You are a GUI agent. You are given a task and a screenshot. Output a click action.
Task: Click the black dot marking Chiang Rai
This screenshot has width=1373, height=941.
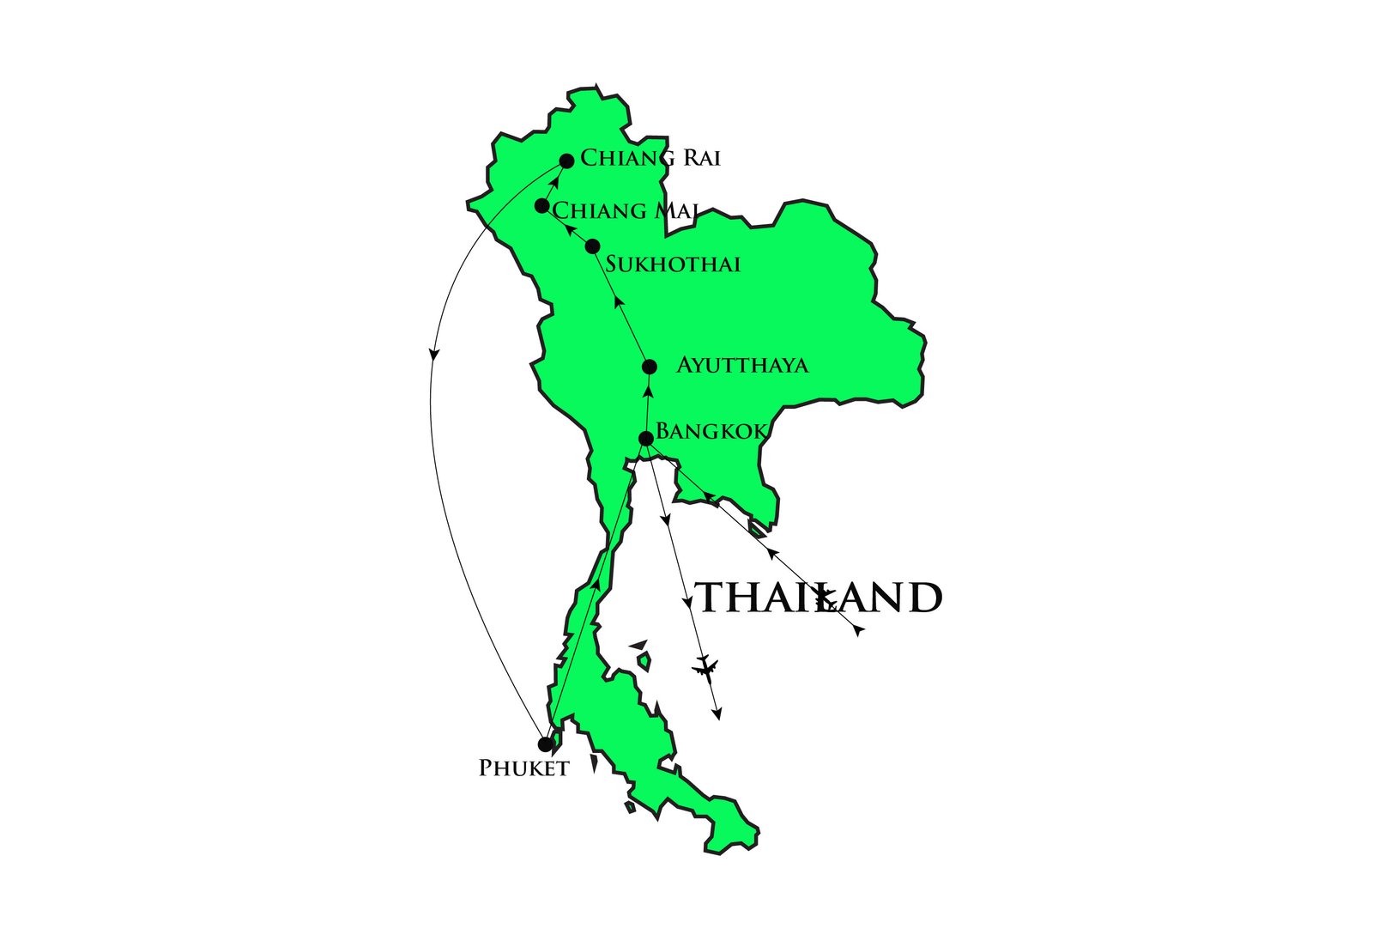click(566, 161)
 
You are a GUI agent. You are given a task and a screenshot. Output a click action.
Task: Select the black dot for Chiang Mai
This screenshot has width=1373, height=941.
click(541, 206)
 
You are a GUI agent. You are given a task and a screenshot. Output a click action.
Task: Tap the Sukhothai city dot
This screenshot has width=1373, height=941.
click(592, 246)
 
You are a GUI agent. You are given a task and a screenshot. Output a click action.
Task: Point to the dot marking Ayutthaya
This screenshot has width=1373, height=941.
click(650, 367)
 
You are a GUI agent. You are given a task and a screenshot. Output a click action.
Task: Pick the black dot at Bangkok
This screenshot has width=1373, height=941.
click(646, 439)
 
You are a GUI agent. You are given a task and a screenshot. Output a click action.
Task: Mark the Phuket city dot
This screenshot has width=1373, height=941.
click(545, 744)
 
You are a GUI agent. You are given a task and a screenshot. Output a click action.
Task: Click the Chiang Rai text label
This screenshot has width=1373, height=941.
click(650, 158)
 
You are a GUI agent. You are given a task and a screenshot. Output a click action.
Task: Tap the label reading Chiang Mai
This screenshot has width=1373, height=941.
click(625, 210)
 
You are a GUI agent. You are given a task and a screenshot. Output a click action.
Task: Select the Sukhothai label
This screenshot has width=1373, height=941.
click(673, 264)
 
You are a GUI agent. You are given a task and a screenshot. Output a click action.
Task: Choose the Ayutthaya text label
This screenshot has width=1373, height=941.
click(742, 366)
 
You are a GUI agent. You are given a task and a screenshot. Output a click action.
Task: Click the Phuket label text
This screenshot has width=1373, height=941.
click(523, 768)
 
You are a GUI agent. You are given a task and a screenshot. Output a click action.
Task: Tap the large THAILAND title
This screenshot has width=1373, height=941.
click(818, 598)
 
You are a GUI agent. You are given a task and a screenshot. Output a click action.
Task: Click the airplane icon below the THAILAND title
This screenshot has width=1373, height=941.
click(705, 667)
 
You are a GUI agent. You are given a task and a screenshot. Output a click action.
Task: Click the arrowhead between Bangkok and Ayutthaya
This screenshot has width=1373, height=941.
click(649, 391)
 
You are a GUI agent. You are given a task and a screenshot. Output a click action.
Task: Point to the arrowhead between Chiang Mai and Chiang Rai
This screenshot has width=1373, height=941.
click(556, 181)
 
